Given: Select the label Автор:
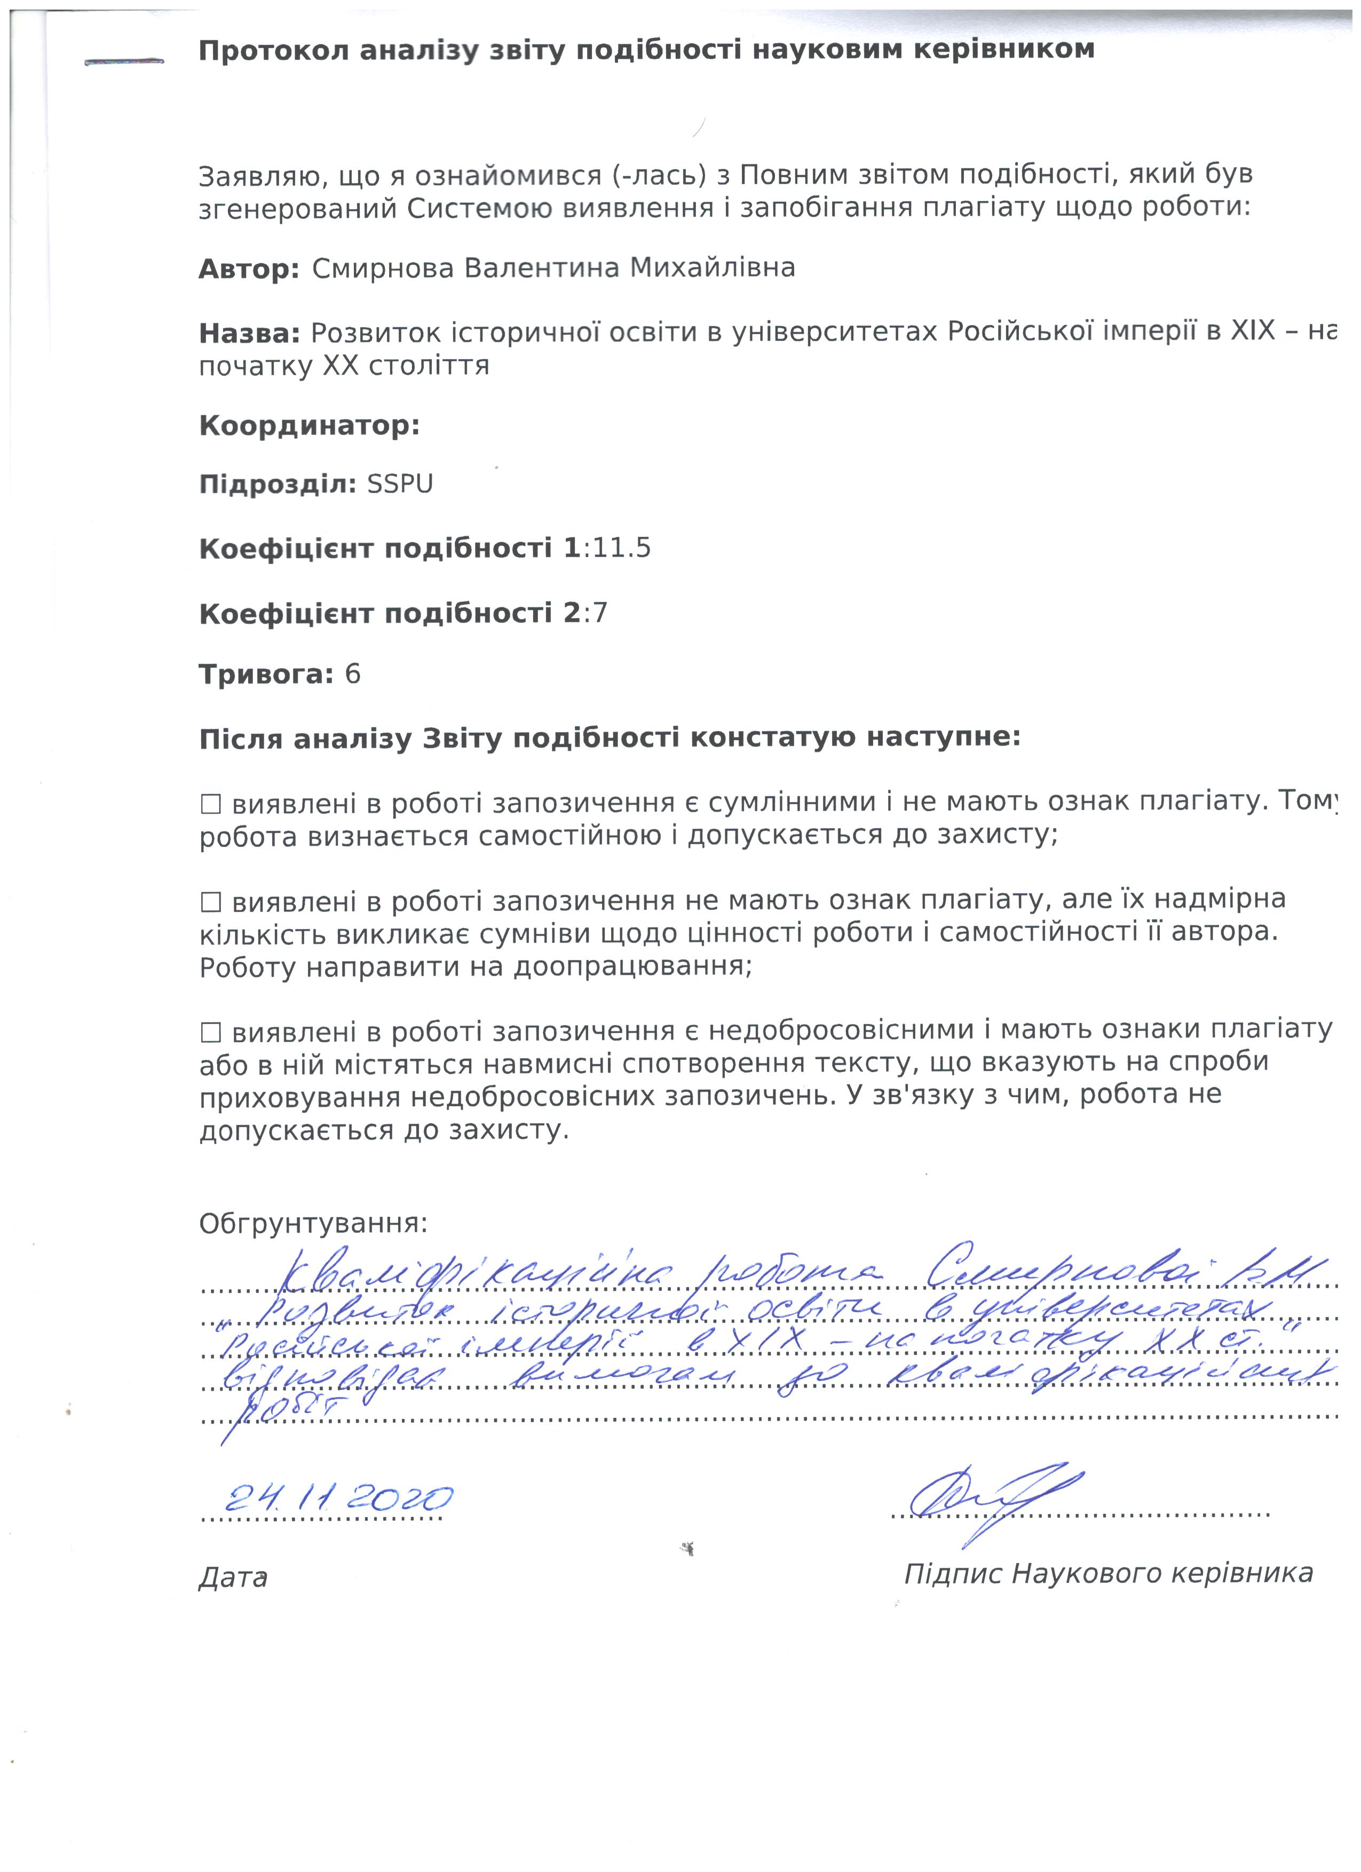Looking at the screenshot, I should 249,269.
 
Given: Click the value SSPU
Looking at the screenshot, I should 399,483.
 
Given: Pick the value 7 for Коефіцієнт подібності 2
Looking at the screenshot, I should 600,613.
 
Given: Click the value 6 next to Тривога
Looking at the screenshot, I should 352,675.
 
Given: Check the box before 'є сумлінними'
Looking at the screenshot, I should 211,803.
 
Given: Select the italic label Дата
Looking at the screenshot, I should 233,1577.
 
